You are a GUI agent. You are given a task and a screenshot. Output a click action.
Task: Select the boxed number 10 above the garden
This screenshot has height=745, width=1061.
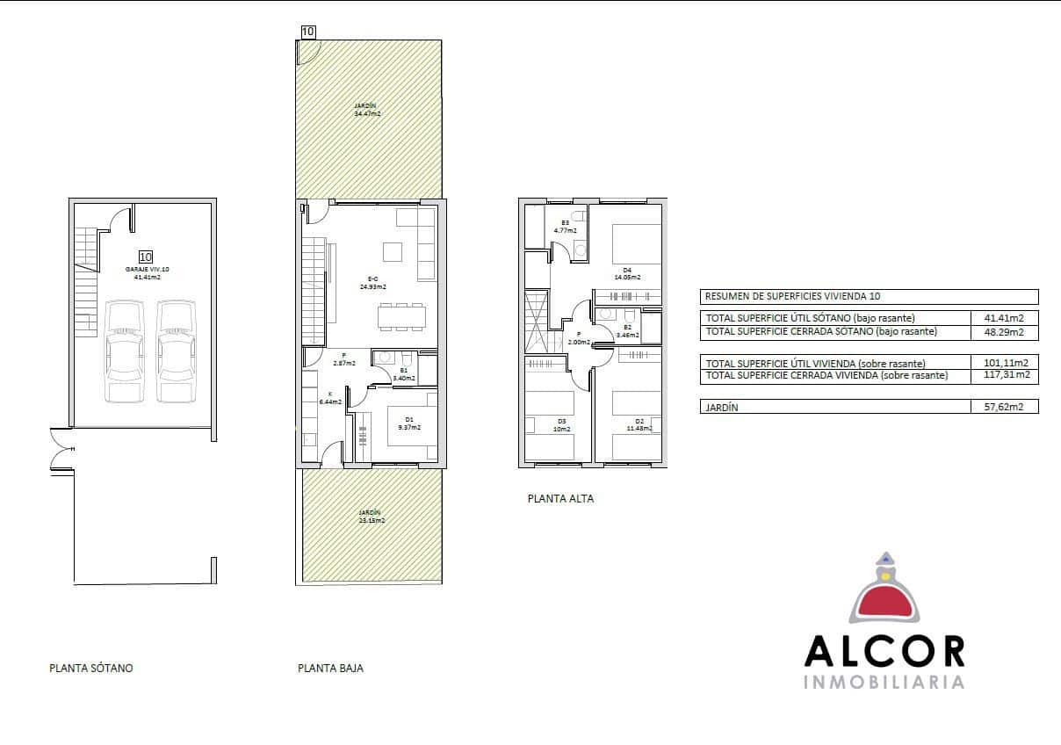(x=307, y=32)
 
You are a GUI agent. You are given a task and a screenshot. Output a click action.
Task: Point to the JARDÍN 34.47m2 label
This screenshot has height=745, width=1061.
(x=367, y=109)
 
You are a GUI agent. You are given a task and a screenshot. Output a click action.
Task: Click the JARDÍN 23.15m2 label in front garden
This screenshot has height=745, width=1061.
(x=371, y=516)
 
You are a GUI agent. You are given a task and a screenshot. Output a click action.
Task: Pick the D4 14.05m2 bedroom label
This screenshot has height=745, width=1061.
(x=627, y=274)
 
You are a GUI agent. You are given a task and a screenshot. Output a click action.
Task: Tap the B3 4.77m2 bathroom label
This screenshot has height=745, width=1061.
(x=566, y=226)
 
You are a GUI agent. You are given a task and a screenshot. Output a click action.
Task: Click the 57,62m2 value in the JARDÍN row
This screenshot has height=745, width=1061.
(x=1005, y=408)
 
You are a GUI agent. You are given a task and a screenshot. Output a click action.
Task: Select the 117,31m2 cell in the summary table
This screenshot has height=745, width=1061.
(x=1005, y=375)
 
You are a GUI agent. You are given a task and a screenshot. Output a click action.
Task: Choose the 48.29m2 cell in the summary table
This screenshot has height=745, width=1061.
(x=1005, y=332)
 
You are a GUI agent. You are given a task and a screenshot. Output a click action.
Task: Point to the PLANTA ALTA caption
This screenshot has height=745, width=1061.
(x=560, y=498)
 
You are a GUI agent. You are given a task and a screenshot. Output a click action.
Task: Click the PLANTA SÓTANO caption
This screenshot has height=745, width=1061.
(x=91, y=668)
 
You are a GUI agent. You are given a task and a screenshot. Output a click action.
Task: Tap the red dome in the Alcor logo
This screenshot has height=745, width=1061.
(x=884, y=602)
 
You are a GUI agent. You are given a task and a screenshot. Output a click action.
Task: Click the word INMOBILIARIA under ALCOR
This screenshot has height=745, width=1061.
(x=884, y=683)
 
